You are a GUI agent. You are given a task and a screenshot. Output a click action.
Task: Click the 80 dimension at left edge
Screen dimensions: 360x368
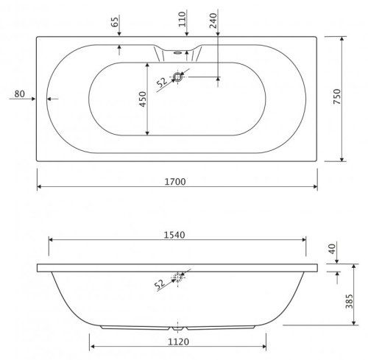(20, 93)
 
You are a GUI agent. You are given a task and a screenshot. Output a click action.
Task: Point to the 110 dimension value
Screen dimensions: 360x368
(182, 18)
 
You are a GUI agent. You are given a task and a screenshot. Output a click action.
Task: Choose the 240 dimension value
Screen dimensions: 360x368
(213, 21)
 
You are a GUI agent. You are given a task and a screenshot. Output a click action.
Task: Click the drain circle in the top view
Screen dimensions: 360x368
(177, 77)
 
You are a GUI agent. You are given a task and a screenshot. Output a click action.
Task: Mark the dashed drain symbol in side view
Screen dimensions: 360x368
(177, 277)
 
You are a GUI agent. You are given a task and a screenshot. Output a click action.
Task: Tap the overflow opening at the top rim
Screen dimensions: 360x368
(177, 52)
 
